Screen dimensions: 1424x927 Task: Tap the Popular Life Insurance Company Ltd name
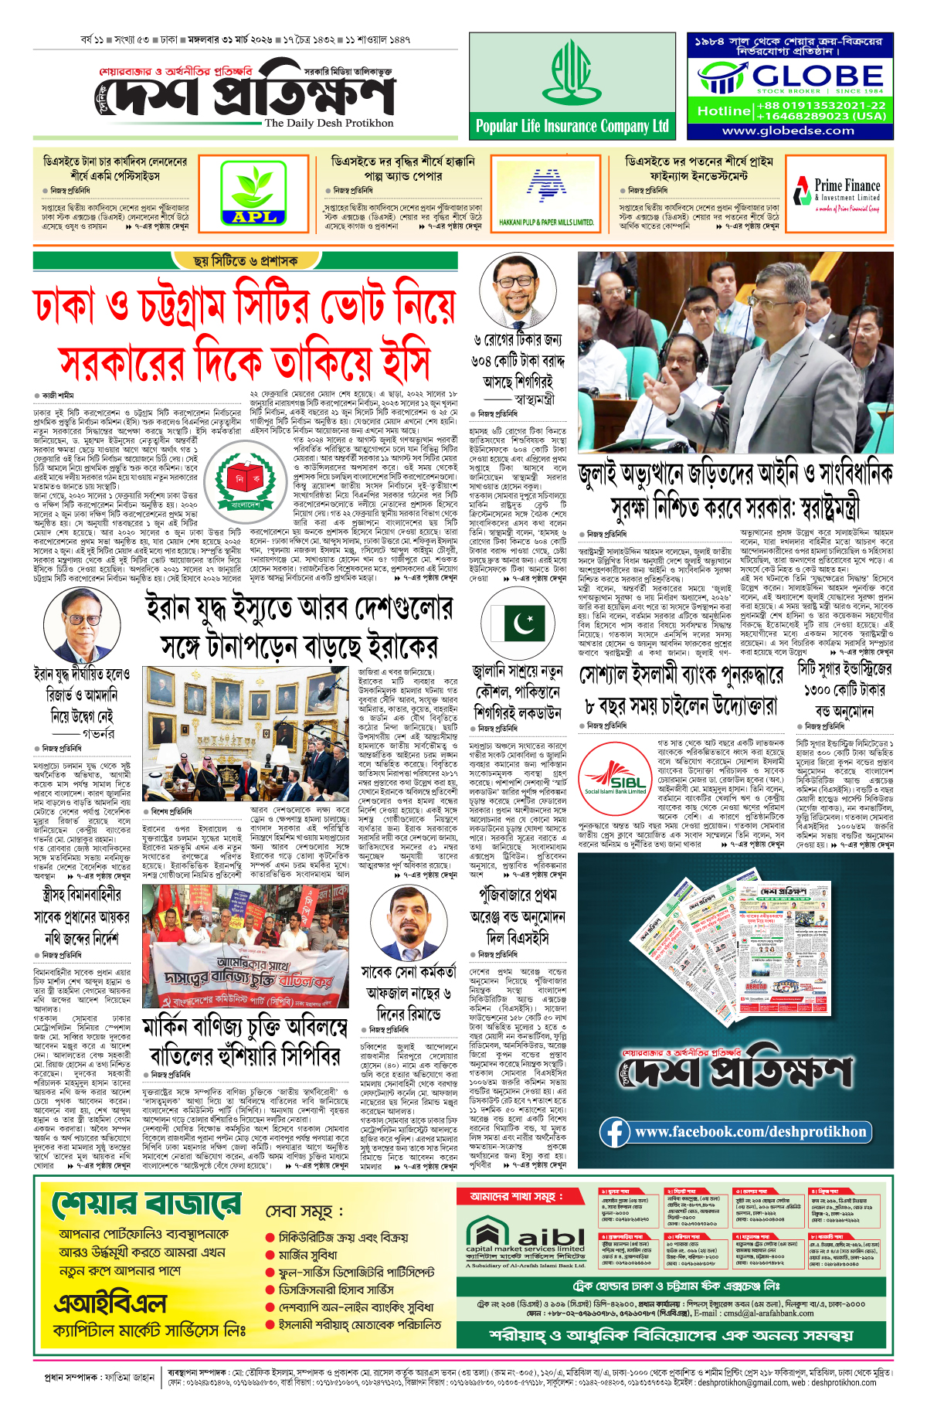(x=572, y=126)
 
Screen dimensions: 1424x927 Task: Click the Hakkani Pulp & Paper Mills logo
(x=547, y=194)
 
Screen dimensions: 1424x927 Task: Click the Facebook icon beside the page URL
(x=615, y=1132)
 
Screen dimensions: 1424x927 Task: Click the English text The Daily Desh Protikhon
(x=328, y=123)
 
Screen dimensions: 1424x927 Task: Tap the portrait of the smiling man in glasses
(x=518, y=291)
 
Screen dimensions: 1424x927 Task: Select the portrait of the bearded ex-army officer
(x=409, y=923)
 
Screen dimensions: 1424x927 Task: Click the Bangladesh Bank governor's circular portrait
(x=82, y=626)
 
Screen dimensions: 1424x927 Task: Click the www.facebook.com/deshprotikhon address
(x=750, y=1132)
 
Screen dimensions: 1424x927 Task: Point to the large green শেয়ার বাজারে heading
(x=147, y=1205)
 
